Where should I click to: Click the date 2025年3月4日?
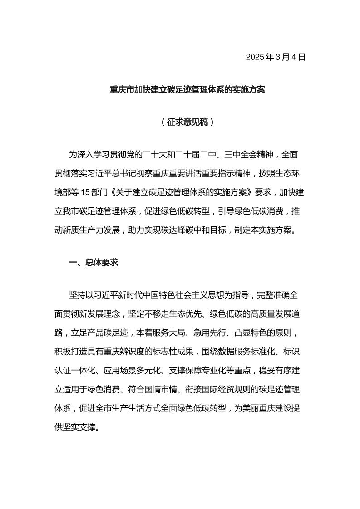point(276,57)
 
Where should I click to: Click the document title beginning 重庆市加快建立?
point(187,90)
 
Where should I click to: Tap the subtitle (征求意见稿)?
point(187,122)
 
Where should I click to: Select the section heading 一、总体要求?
point(94,262)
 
